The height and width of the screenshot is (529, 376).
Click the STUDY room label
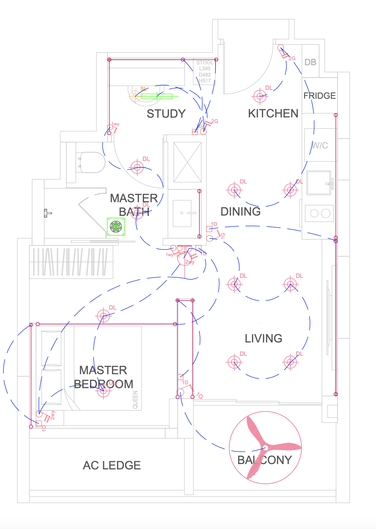click(x=166, y=114)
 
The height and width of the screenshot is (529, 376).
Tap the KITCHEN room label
click(x=273, y=114)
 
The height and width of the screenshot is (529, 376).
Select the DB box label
click(x=310, y=62)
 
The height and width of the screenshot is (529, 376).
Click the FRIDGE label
click(x=319, y=96)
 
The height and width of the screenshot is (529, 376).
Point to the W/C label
click(x=320, y=146)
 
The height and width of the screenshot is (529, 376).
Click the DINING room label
click(x=240, y=212)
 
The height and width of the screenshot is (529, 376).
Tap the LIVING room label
click(x=263, y=338)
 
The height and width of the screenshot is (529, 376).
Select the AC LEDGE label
click(x=112, y=466)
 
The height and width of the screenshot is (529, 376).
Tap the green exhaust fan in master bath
click(x=116, y=227)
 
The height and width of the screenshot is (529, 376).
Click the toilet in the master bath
click(x=92, y=162)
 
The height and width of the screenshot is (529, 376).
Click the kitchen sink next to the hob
click(x=319, y=183)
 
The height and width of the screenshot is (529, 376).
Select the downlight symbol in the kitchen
click(x=260, y=96)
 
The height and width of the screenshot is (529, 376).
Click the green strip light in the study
click(x=157, y=96)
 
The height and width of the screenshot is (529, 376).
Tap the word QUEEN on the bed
click(x=135, y=400)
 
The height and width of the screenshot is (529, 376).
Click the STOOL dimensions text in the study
click(x=205, y=71)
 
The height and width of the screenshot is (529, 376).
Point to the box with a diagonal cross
click(x=187, y=162)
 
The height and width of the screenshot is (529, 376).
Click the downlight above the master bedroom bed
click(x=103, y=316)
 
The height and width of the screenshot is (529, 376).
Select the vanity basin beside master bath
click(x=182, y=213)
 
